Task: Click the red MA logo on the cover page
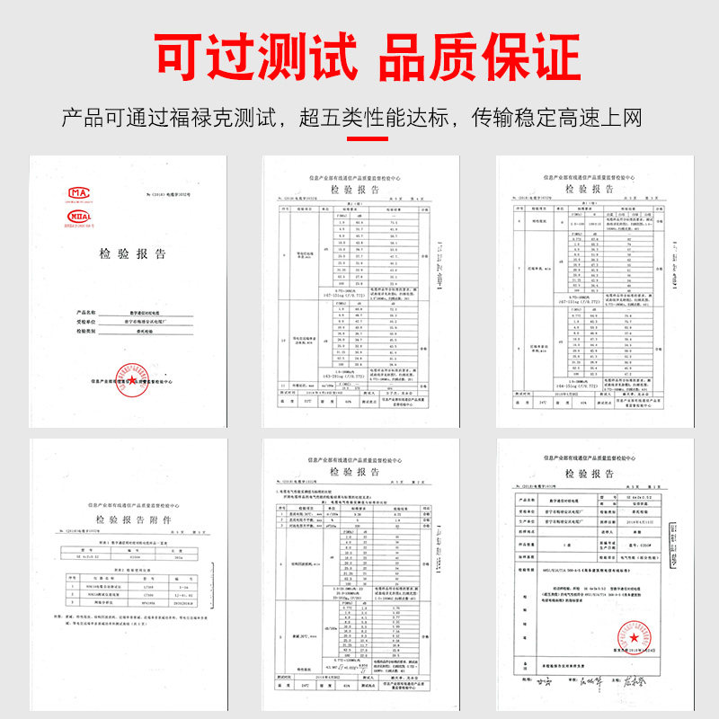point(81,194)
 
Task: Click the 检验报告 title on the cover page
point(132,254)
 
